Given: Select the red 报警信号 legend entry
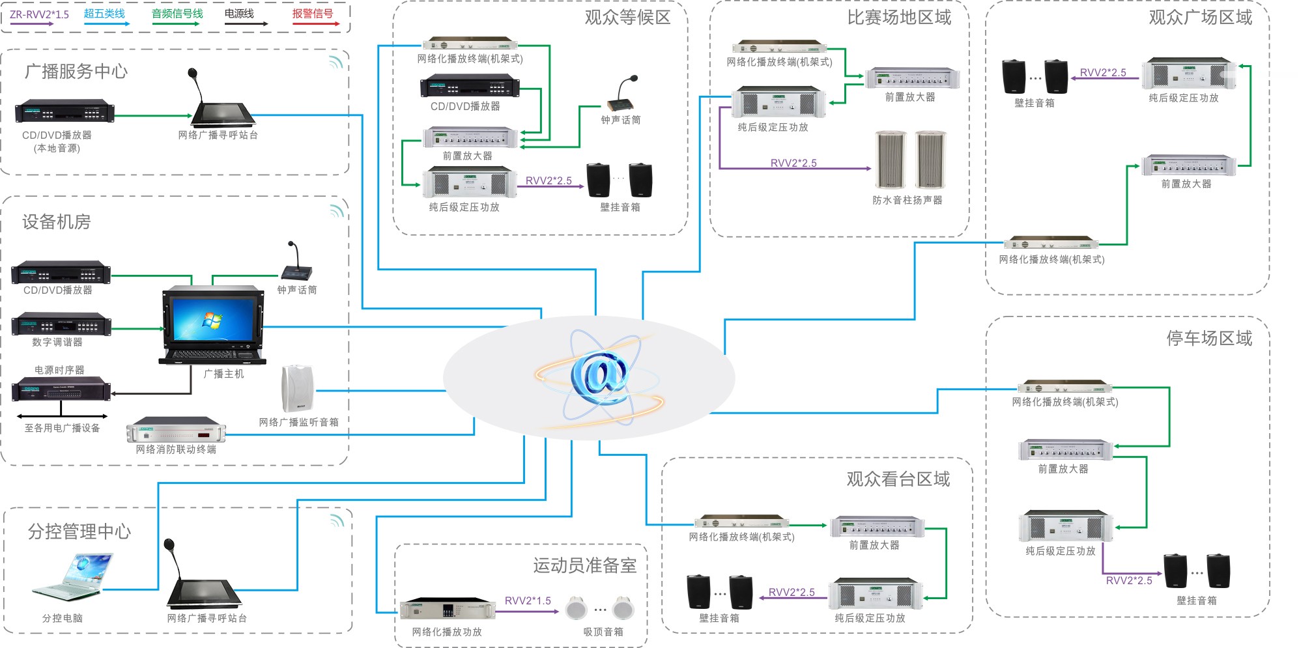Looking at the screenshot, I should tap(313, 14).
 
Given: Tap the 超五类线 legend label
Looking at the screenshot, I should tap(104, 14).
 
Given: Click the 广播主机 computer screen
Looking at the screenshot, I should tap(212, 320).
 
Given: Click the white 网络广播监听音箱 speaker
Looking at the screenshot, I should tap(297, 389).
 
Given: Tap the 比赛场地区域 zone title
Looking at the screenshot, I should tap(899, 18).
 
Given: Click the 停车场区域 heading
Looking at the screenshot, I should tap(1209, 338).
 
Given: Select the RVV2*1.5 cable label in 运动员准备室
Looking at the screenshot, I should tap(528, 600).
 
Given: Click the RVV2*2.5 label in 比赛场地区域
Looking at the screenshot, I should tap(793, 163).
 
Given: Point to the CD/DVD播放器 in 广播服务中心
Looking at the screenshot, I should tap(64, 112).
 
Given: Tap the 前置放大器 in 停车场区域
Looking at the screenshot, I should tap(1066, 450).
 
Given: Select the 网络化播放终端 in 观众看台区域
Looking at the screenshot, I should tap(741, 522).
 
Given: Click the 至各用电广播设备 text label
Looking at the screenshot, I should tap(63, 428).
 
